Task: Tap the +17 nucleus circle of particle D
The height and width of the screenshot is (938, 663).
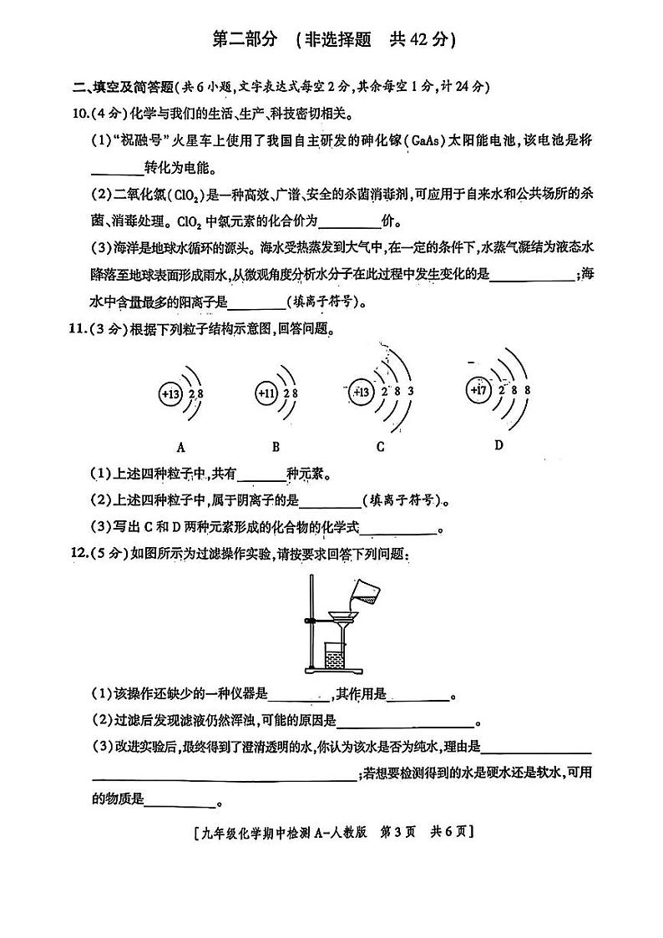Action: coord(479,389)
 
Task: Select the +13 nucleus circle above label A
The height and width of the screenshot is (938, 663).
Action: coord(170,393)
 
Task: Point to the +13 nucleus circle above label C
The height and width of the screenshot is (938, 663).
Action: coord(362,392)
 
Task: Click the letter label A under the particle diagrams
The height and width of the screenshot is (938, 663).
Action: coord(180,446)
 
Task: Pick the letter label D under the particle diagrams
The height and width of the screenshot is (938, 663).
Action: coord(499,444)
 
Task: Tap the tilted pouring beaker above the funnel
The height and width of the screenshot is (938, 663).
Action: coord(364,594)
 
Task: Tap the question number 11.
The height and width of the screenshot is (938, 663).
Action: coord(83,329)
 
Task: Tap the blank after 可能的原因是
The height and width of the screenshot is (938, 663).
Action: coord(404,725)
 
